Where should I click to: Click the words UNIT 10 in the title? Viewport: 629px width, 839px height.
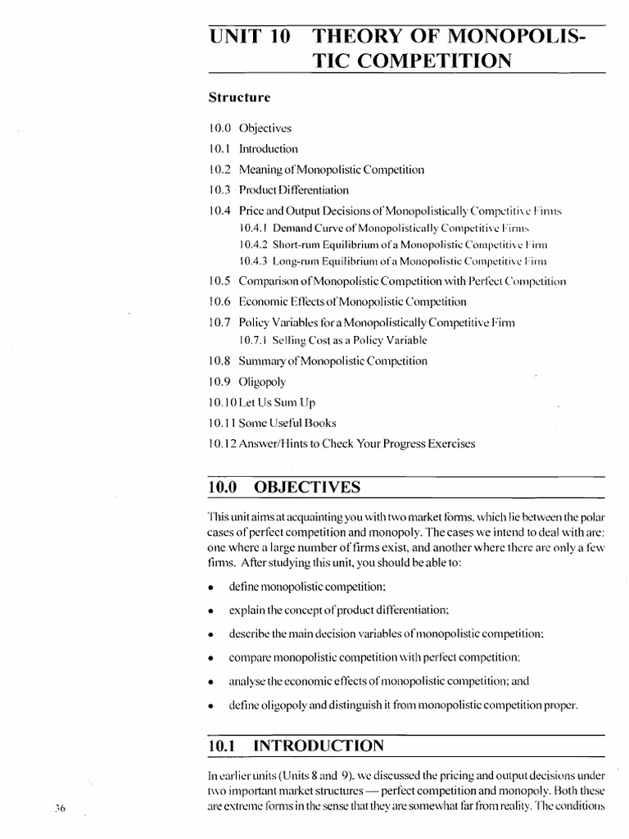tap(246, 39)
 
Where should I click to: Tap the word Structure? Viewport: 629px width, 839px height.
tap(238, 97)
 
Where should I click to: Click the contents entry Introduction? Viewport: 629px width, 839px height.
tap(269, 149)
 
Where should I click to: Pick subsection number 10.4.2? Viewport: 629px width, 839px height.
tap(254, 244)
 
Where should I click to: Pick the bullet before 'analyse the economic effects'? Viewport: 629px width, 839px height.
tap(211, 682)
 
